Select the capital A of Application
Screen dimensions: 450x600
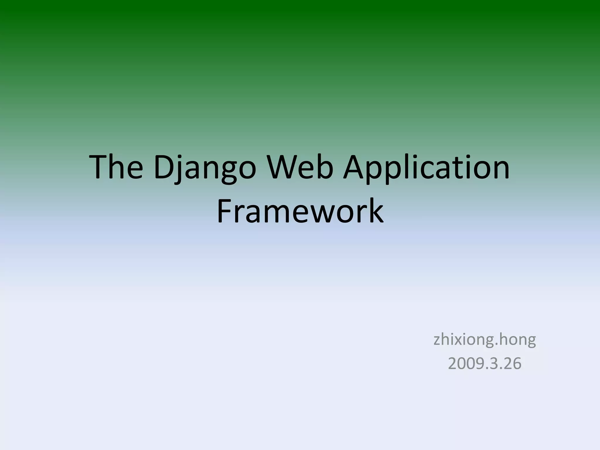point(355,168)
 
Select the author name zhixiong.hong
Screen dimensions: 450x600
point(485,340)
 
